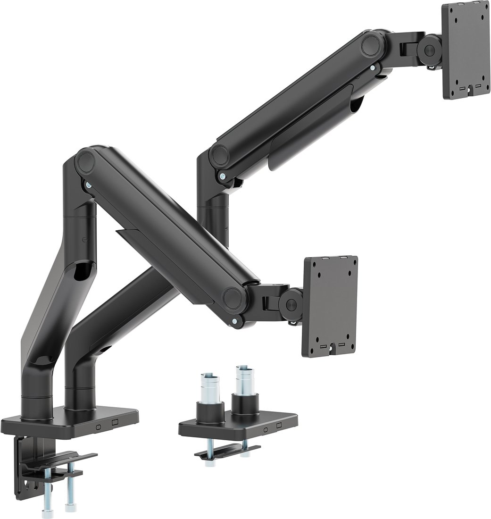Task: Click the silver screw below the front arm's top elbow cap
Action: (88, 186)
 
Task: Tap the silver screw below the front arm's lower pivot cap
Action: (234, 322)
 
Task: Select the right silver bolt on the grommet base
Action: (244, 377)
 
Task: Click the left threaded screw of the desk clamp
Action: (48, 493)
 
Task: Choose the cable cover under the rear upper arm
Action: (311, 127)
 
